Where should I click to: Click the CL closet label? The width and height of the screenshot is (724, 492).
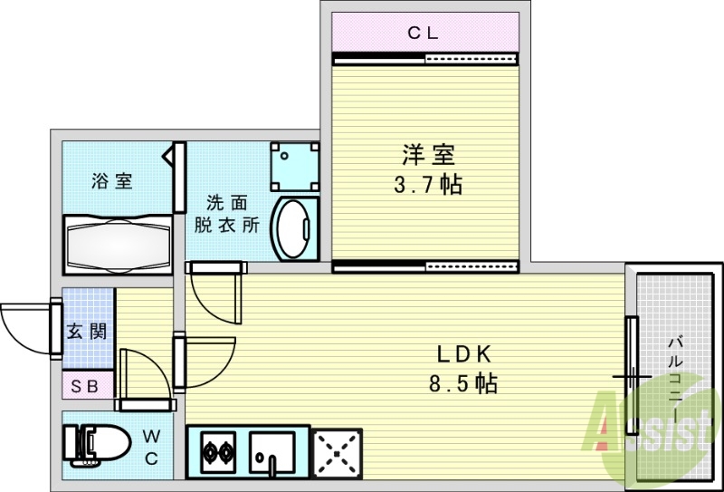pyautogui.click(x=423, y=34)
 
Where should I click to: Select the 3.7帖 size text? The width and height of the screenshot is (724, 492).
pyautogui.click(x=427, y=186)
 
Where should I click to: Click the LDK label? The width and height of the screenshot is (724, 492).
pyautogui.click(x=462, y=353)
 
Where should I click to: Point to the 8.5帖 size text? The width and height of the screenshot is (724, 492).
pyautogui.click(x=462, y=384)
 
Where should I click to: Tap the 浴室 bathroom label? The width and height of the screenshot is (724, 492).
pyautogui.click(x=112, y=180)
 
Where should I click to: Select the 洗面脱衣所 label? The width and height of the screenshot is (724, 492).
pyautogui.click(x=227, y=214)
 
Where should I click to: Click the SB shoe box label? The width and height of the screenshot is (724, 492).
pyautogui.click(x=87, y=386)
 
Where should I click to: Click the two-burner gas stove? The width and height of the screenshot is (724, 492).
pyautogui.click(x=218, y=450)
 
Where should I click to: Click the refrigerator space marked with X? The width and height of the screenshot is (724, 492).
pyautogui.click(x=336, y=450)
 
